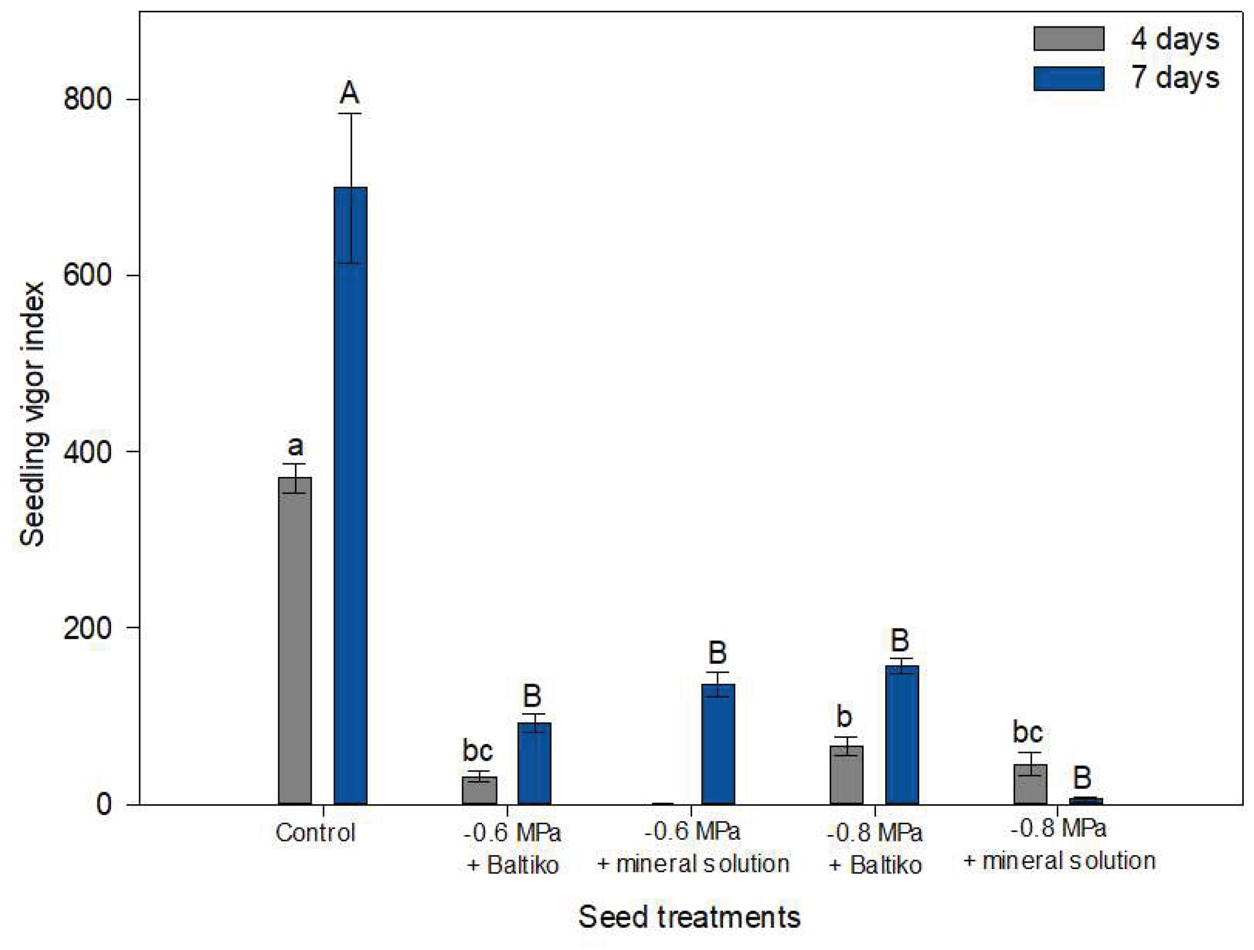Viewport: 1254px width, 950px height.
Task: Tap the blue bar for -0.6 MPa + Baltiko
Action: [535, 763]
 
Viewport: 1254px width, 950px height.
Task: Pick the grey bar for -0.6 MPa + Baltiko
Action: [480, 790]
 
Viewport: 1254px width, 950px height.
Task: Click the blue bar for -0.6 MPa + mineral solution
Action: [718, 743]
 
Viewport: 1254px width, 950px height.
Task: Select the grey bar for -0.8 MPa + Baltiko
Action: [846, 775]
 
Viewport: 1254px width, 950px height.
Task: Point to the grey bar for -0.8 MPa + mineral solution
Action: [1030, 784]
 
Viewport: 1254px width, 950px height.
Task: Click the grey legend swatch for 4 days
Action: [1069, 38]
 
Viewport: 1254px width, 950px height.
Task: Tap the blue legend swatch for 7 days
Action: [1069, 78]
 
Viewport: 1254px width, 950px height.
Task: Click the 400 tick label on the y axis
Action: [87, 452]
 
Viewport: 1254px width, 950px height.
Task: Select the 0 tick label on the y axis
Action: [104, 804]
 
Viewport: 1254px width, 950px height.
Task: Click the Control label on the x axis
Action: [315, 832]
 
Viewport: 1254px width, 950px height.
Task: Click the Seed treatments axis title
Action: [690, 917]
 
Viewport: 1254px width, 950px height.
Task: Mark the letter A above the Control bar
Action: [350, 93]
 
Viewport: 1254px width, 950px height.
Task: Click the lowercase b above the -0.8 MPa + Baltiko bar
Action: [844, 716]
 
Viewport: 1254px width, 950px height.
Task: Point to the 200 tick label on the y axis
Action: [87, 628]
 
